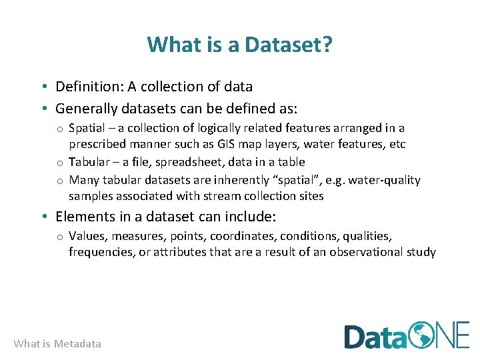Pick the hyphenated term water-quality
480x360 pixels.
(384, 180)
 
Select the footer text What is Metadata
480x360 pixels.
(57, 344)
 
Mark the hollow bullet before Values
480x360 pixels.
(59, 237)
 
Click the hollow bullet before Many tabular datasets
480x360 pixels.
(59, 181)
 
